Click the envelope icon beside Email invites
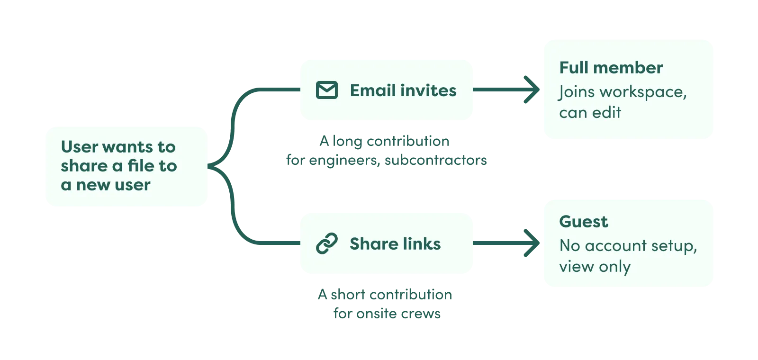point(326,90)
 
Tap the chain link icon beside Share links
point(326,243)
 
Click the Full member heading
point(611,68)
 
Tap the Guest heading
point(583,222)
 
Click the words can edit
point(590,113)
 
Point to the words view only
point(595,267)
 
